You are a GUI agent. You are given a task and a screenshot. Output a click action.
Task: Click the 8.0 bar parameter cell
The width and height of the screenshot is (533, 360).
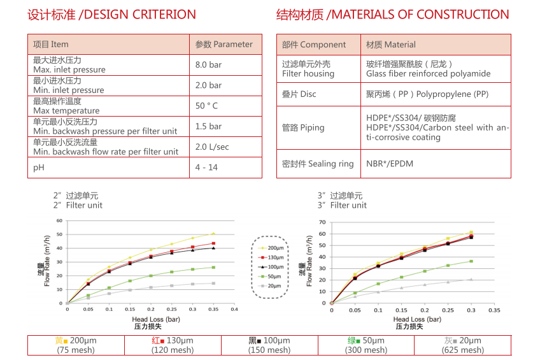coord(208,65)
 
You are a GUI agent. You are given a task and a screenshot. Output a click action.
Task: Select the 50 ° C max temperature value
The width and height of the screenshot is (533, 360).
coord(206,106)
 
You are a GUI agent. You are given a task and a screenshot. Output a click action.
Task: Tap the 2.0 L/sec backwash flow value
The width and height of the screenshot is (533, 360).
coord(211,147)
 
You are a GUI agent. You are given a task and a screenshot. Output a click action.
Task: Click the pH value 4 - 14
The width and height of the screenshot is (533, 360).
coord(206,167)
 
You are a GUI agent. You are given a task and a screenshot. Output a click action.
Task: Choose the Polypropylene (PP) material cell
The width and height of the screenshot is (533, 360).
coord(427,94)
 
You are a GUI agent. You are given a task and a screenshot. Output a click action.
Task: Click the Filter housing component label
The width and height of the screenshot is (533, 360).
coord(308,73)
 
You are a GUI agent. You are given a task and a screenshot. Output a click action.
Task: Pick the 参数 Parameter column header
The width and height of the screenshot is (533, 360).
coord(224,44)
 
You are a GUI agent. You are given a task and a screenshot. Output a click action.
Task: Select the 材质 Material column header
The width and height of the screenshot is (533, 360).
coord(390,45)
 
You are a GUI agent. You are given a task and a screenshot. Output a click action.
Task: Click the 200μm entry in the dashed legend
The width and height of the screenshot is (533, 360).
coord(273,247)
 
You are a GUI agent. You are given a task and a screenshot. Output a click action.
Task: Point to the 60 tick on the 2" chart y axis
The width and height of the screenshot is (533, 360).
coord(59,220)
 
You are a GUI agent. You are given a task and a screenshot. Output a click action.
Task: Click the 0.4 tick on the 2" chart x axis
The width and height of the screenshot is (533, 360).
coord(234,309)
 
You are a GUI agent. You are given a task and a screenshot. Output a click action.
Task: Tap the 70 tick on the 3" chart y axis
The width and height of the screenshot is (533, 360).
coord(322,222)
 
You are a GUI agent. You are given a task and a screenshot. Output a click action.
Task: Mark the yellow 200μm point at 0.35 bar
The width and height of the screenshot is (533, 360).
coord(213,234)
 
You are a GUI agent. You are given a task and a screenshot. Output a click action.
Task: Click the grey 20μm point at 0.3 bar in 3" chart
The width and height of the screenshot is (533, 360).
coord(471,279)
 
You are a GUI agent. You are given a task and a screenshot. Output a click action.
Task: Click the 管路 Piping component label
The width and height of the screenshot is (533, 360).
coord(303,127)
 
